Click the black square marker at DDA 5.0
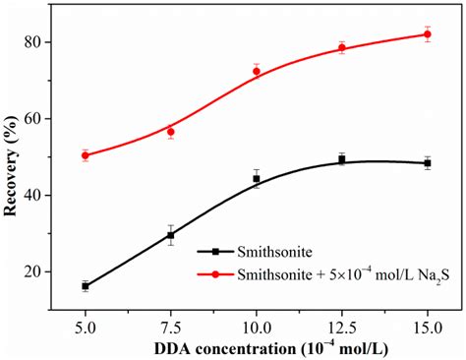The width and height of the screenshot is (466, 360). pos(86,286)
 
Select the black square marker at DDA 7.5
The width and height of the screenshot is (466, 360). pos(171,235)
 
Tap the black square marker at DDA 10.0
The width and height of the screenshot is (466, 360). pos(257,179)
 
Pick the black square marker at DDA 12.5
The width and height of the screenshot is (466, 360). pos(342,159)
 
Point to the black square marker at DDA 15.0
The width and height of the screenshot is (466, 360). pos(428,163)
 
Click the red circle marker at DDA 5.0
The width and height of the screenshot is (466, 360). pos(86,155)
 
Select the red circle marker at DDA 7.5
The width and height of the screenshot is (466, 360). pos(171,132)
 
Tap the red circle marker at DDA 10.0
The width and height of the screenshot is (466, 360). pos(257,71)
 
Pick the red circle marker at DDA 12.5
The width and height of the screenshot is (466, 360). pos(342,48)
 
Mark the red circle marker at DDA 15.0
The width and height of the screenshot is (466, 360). pos(428,34)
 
